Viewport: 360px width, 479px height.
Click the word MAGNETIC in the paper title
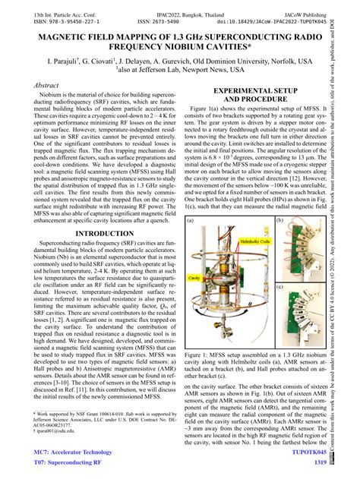click(56, 35)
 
